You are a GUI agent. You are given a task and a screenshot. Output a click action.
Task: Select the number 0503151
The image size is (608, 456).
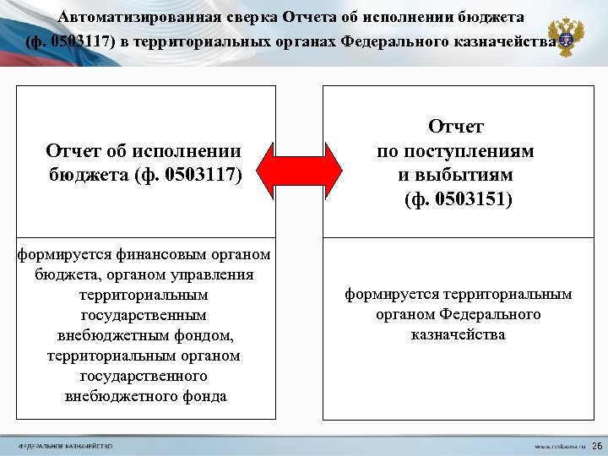tap(469, 200)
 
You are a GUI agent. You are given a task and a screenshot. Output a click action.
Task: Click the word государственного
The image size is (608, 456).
tap(144, 376)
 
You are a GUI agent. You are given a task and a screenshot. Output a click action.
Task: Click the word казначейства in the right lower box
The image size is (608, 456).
tap(459, 335)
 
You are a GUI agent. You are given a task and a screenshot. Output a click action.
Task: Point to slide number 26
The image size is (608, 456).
tap(597, 445)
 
